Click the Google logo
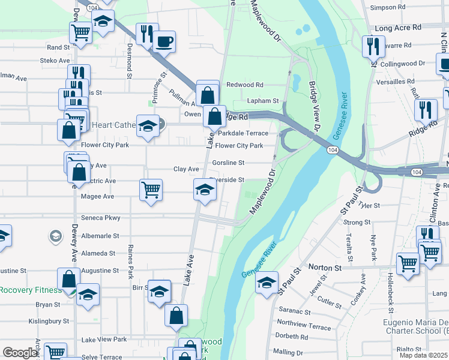(20, 353)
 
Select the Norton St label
(324, 266)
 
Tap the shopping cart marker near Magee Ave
(151, 190)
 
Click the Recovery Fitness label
(30, 290)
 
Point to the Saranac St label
(295, 312)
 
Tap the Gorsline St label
(228, 163)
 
